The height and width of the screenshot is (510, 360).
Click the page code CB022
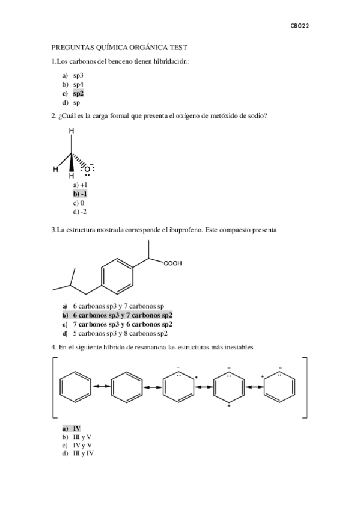click(299, 26)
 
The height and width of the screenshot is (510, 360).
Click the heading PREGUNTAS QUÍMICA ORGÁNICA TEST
click(120, 46)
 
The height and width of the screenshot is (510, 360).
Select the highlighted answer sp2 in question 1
click(78, 94)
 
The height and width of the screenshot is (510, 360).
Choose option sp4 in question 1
click(78, 85)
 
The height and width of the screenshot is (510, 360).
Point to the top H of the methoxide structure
click(72, 131)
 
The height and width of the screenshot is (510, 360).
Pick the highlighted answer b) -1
click(80, 194)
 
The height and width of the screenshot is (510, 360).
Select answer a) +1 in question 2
click(80, 186)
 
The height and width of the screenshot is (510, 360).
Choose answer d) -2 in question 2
click(79, 212)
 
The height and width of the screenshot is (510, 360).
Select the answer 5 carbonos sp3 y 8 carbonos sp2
click(120, 333)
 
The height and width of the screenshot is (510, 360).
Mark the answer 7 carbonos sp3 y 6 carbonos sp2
click(123, 324)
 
